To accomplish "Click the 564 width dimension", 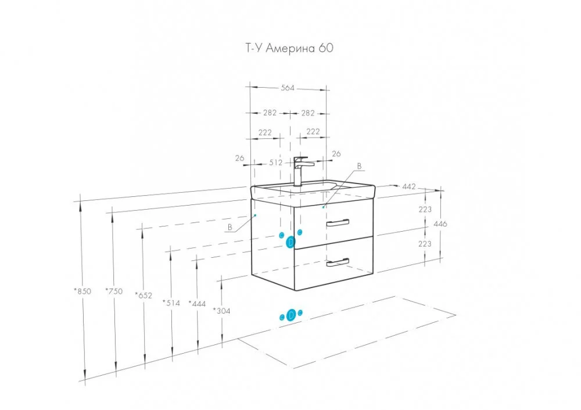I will pos(288,88).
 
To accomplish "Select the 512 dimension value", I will pos(276,163).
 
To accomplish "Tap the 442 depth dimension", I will pos(409,186).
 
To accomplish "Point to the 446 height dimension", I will pos(441,224).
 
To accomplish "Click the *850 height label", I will pos(83,292).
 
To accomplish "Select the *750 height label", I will pos(114,292).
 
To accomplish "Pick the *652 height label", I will pos(143,295).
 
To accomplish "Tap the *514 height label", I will pos(173,303).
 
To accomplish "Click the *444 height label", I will pos(198,303).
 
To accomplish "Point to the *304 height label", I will pos(221,311).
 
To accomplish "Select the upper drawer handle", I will pos(338,222).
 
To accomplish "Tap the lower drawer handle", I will pos(338,262).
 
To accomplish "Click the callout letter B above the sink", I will pos(359,166).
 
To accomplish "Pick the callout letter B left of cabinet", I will pos(230,227).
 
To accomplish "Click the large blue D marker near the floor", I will pos(291,315).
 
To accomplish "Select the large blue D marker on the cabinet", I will pos(291,243).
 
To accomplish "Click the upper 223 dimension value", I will pos(425,209).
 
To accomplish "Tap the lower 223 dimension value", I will pos(425,244).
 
